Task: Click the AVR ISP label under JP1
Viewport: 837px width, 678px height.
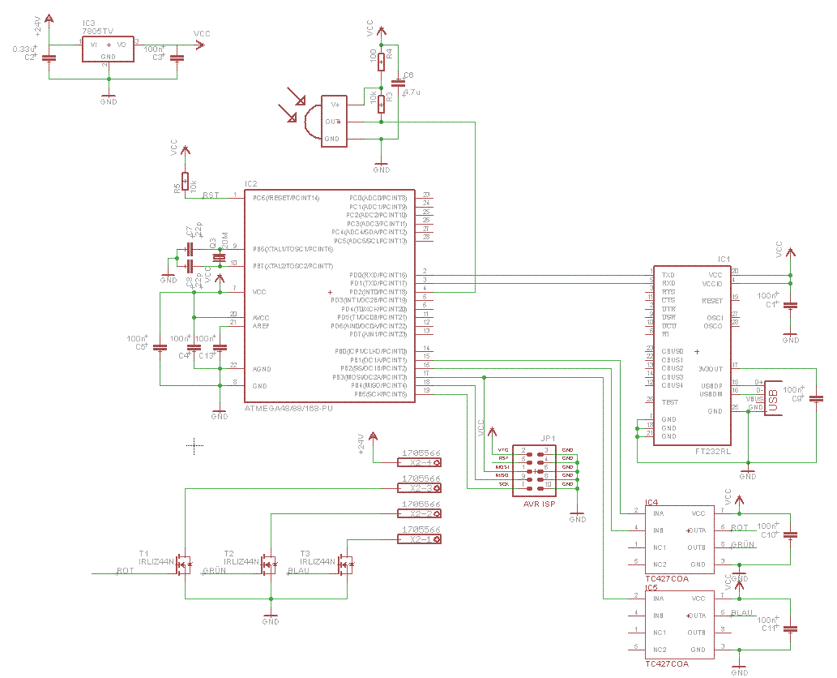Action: (540, 503)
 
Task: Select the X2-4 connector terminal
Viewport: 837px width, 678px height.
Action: (420, 462)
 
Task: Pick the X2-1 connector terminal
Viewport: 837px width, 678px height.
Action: (420, 539)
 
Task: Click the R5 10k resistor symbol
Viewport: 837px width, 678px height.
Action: (185, 181)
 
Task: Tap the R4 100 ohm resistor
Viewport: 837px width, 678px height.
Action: (381, 62)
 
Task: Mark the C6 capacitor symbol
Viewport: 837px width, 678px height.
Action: (397, 82)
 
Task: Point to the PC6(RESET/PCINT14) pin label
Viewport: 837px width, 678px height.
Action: (286, 198)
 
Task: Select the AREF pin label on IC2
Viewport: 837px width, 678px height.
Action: (262, 325)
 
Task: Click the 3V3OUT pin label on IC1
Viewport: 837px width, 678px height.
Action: (711, 368)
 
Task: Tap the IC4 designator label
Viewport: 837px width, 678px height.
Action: (652, 503)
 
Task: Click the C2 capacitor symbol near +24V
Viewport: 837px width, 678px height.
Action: (49, 57)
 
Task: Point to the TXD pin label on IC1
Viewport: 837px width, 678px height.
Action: (668, 275)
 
